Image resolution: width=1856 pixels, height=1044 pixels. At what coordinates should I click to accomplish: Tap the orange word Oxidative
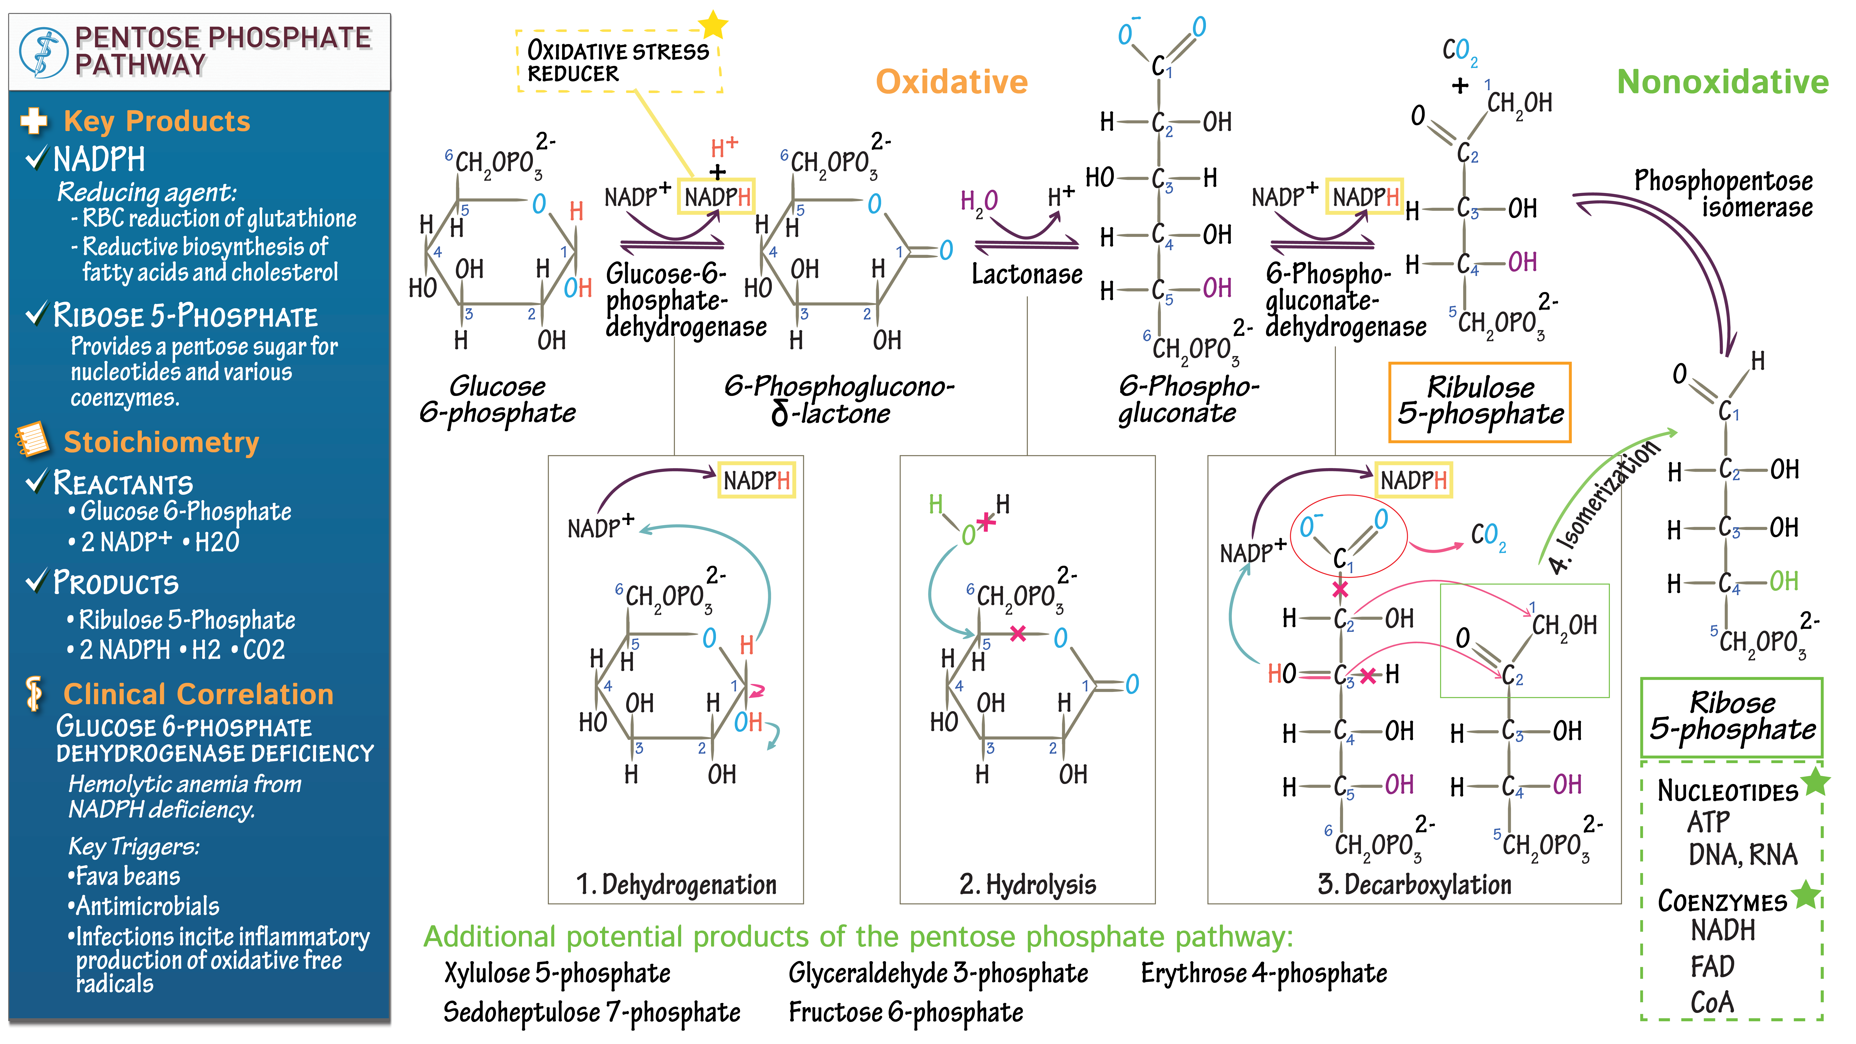[951, 82]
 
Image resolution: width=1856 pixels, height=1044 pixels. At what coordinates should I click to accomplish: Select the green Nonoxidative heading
[1722, 82]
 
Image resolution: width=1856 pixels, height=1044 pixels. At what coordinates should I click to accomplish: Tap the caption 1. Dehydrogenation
[676, 885]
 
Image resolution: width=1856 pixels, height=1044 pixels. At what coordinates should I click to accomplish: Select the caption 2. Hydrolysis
[1028, 885]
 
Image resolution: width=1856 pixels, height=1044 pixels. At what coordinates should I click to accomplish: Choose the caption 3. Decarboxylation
[1414, 885]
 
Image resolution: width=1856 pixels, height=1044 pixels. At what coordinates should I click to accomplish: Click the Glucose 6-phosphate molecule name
[497, 400]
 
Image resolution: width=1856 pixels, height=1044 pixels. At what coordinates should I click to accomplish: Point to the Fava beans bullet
[126, 876]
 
